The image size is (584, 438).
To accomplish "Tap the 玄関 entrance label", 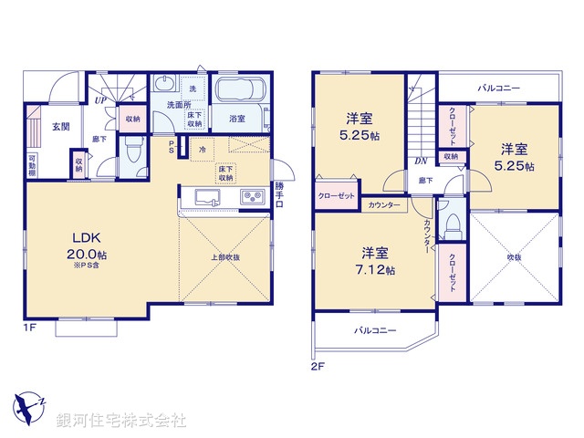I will (x=60, y=127).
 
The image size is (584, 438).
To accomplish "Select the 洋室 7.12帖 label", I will (x=375, y=261).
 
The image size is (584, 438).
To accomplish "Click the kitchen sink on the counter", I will (x=208, y=198).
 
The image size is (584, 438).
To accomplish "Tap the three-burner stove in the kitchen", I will (x=253, y=198).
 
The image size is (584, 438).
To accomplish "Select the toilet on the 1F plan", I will (x=133, y=151).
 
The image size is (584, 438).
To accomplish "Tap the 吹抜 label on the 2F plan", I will (x=515, y=258).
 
